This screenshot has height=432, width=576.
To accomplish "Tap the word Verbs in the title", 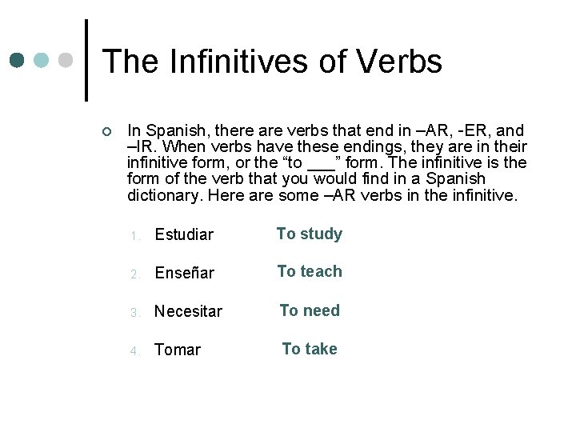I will tap(398, 62).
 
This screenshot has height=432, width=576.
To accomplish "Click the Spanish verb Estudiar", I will tap(184, 234).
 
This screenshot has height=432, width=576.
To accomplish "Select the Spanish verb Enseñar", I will tap(184, 273).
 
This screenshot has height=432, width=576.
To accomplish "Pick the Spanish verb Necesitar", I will tap(188, 311).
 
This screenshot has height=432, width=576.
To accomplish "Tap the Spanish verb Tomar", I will tap(178, 350).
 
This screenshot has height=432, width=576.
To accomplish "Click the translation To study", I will tap(309, 234).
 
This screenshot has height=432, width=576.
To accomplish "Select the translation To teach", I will tap(309, 271).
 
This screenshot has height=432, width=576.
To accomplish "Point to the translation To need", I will tap(309, 310).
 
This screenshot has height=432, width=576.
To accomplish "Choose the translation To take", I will tap(309, 349).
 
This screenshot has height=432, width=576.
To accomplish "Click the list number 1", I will tap(137, 236).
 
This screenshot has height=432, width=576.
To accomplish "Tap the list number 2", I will tap(137, 274).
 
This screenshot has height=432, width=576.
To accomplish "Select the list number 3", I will tap(137, 313).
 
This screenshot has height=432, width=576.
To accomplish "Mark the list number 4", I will tap(137, 351).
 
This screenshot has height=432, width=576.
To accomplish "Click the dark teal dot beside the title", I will tap(17, 60).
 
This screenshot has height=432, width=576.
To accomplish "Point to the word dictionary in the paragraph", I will tap(160, 194).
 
